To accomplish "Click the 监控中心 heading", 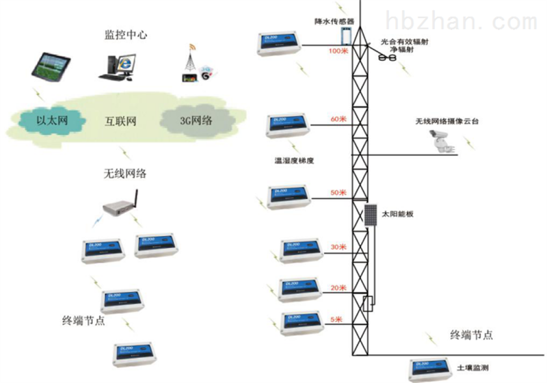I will click(x=126, y=34).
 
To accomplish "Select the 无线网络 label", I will click(x=120, y=174).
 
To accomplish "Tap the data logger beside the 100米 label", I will click(x=280, y=44).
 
